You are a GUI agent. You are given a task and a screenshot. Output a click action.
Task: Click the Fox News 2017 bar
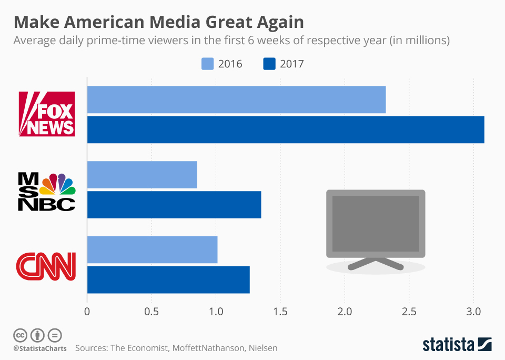(285, 129)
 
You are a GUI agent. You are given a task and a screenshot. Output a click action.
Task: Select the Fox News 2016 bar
(236, 99)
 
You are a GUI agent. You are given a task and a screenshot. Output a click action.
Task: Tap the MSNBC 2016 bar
(142, 175)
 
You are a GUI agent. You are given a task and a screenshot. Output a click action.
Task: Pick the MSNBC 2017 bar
(174, 205)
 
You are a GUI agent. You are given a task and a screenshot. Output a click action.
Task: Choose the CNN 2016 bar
(152, 250)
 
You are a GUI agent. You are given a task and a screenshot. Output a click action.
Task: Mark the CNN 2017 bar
(168, 280)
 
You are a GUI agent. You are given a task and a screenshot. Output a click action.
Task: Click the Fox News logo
(47, 114)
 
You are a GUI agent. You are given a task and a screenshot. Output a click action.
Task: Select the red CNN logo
(46, 266)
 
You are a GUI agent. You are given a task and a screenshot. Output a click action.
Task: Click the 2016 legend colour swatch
(208, 64)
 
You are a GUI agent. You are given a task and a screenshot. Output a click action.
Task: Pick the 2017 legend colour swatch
(268, 64)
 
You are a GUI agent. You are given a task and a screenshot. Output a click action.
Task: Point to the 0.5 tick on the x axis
(151, 311)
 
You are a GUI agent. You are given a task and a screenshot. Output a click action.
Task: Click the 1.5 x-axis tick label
(280, 311)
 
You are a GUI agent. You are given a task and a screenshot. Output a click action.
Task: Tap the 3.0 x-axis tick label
(473, 311)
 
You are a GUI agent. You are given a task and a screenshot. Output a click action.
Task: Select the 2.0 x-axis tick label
(345, 311)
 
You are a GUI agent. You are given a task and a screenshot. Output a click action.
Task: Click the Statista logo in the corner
(457, 345)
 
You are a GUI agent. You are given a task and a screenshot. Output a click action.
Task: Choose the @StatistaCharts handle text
(37, 348)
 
